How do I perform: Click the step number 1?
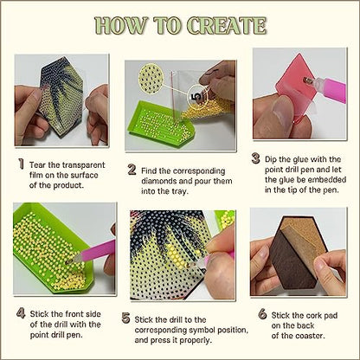pyautogui.click(x=21, y=164)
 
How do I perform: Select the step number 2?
pyautogui.click(x=132, y=170)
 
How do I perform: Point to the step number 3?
pyautogui.click(x=255, y=158)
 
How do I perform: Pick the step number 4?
pyautogui.click(x=21, y=313)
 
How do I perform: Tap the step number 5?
pyautogui.click(x=125, y=318)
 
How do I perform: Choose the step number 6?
pyautogui.click(x=262, y=314)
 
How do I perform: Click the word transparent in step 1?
pyautogui.click(x=84, y=165)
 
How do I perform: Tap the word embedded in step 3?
pyautogui.click(x=327, y=180)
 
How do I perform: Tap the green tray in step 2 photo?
pyautogui.click(x=162, y=124)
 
